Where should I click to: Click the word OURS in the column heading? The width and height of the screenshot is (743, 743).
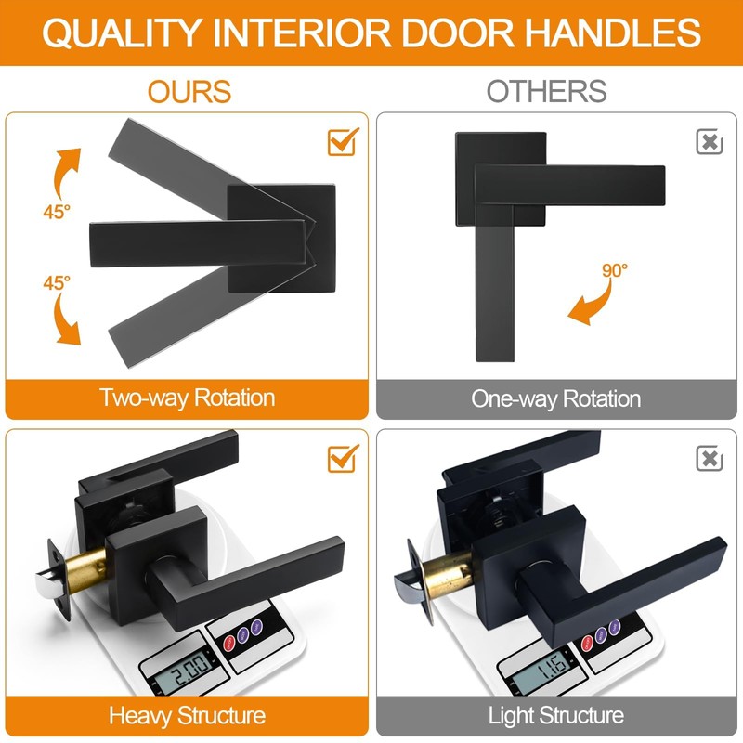click(189, 91)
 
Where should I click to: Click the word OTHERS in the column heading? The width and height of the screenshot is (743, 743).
click(547, 91)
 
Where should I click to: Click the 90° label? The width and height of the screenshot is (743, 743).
click(614, 271)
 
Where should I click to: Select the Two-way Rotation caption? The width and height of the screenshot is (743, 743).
click(188, 398)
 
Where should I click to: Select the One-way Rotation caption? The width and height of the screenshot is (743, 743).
click(555, 399)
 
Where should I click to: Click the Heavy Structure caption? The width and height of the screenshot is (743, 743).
click(187, 716)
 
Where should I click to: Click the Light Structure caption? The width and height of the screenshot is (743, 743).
click(555, 716)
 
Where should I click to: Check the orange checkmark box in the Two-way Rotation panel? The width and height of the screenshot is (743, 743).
click(344, 141)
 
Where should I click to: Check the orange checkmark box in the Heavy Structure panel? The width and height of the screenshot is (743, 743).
click(344, 457)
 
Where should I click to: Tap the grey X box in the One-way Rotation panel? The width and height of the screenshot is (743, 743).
click(710, 142)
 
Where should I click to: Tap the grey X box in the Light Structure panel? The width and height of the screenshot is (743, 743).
click(710, 458)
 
